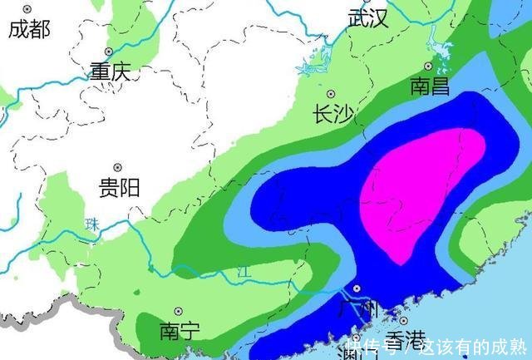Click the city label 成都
(x=29, y=30)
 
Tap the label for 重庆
(x=111, y=72)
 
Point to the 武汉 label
(x=368, y=18)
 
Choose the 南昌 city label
(x=431, y=86)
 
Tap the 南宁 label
(x=180, y=331)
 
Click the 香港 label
(x=405, y=339)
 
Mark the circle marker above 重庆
(x=109, y=52)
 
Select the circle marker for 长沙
(x=332, y=94)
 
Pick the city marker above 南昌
(x=429, y=66)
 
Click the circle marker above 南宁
(x=179, y=311)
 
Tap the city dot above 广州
(x=357, y=289)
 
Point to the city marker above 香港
(x=403, y=320)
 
